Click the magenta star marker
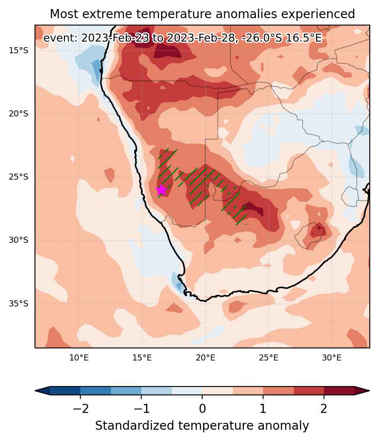tap(161, 190)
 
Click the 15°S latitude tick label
tap(19, 51)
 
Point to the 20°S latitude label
tap(19, 114)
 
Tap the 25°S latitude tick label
tap(19, 177)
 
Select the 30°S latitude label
tap(19, 240)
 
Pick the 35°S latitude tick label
tap(19, 304)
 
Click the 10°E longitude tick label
tap(79, 358)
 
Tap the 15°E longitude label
tap(142, 358)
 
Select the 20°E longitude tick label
tap(205, 358)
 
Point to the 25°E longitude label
tap(268, 358)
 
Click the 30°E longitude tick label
tap(332, 358)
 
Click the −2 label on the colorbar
tap(81, 409)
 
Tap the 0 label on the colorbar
tap(202, 409)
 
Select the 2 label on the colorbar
tap(324, 409)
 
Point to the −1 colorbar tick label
tap(141, 409)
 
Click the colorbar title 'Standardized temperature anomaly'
tap(202, 425)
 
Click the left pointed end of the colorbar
tap(36, 391)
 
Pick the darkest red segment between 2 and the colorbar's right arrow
tap(339, 391)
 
